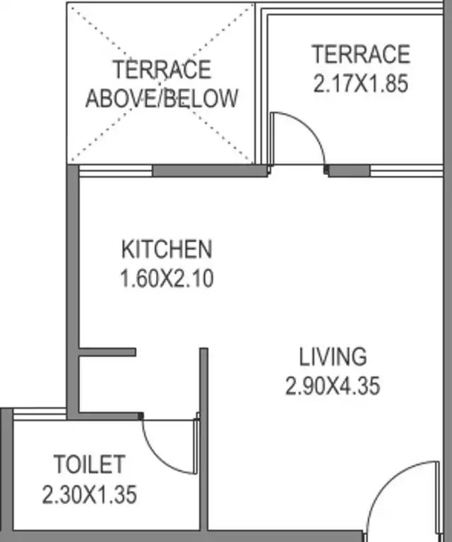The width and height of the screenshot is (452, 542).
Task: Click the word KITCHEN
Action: (x=167, y=249)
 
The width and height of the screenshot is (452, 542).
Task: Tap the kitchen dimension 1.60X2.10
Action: (x=167, y=278)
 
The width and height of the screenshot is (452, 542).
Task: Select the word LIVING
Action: (x=333, y=356)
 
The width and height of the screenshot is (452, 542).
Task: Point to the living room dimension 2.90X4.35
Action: (x=333, y=386)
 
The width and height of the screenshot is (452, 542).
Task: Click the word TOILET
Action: (x=89, y=464)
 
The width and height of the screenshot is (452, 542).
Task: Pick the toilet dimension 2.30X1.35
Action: (x=89, y=494)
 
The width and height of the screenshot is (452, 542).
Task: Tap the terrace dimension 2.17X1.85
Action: (x=361, y=83)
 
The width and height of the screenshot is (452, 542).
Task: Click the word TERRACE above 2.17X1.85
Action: (x=361, y=54)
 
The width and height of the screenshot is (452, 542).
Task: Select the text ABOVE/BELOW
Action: (x=162, y=98)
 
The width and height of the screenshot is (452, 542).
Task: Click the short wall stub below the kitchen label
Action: (x=107, y=352)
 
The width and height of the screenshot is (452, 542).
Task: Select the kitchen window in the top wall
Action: (x=116, y=171)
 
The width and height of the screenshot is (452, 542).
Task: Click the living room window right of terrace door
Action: (x=406, y=171)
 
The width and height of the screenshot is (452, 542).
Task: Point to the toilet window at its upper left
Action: (x=40, y=414)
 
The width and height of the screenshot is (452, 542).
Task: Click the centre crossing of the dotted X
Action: (x=161, y=84)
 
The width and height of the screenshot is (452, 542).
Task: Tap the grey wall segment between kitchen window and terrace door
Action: (x=210, y=171)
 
